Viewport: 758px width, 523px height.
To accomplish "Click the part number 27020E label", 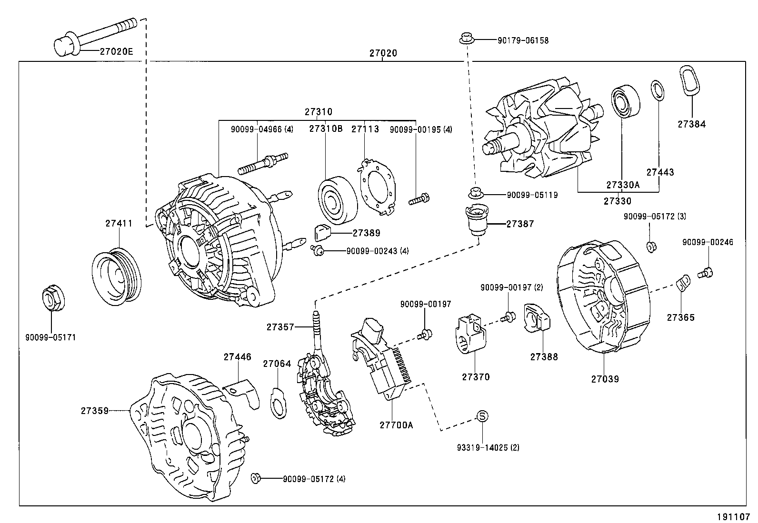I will [x=116, y=51].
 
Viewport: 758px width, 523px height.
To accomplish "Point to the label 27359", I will [x=94, y=410].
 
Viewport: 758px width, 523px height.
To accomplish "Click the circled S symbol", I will [x=482, y=416].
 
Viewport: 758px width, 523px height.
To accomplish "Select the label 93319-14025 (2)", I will [x=488, y=447].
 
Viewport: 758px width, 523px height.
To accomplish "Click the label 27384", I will [x=692, y=124].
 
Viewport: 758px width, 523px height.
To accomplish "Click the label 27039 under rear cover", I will [x=605, y=379].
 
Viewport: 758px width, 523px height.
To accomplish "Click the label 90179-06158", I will [x=523, y=41].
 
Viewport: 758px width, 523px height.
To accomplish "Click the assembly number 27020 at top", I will [x=383, y=54].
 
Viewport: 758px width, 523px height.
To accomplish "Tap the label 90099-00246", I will [x=708, y=242].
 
